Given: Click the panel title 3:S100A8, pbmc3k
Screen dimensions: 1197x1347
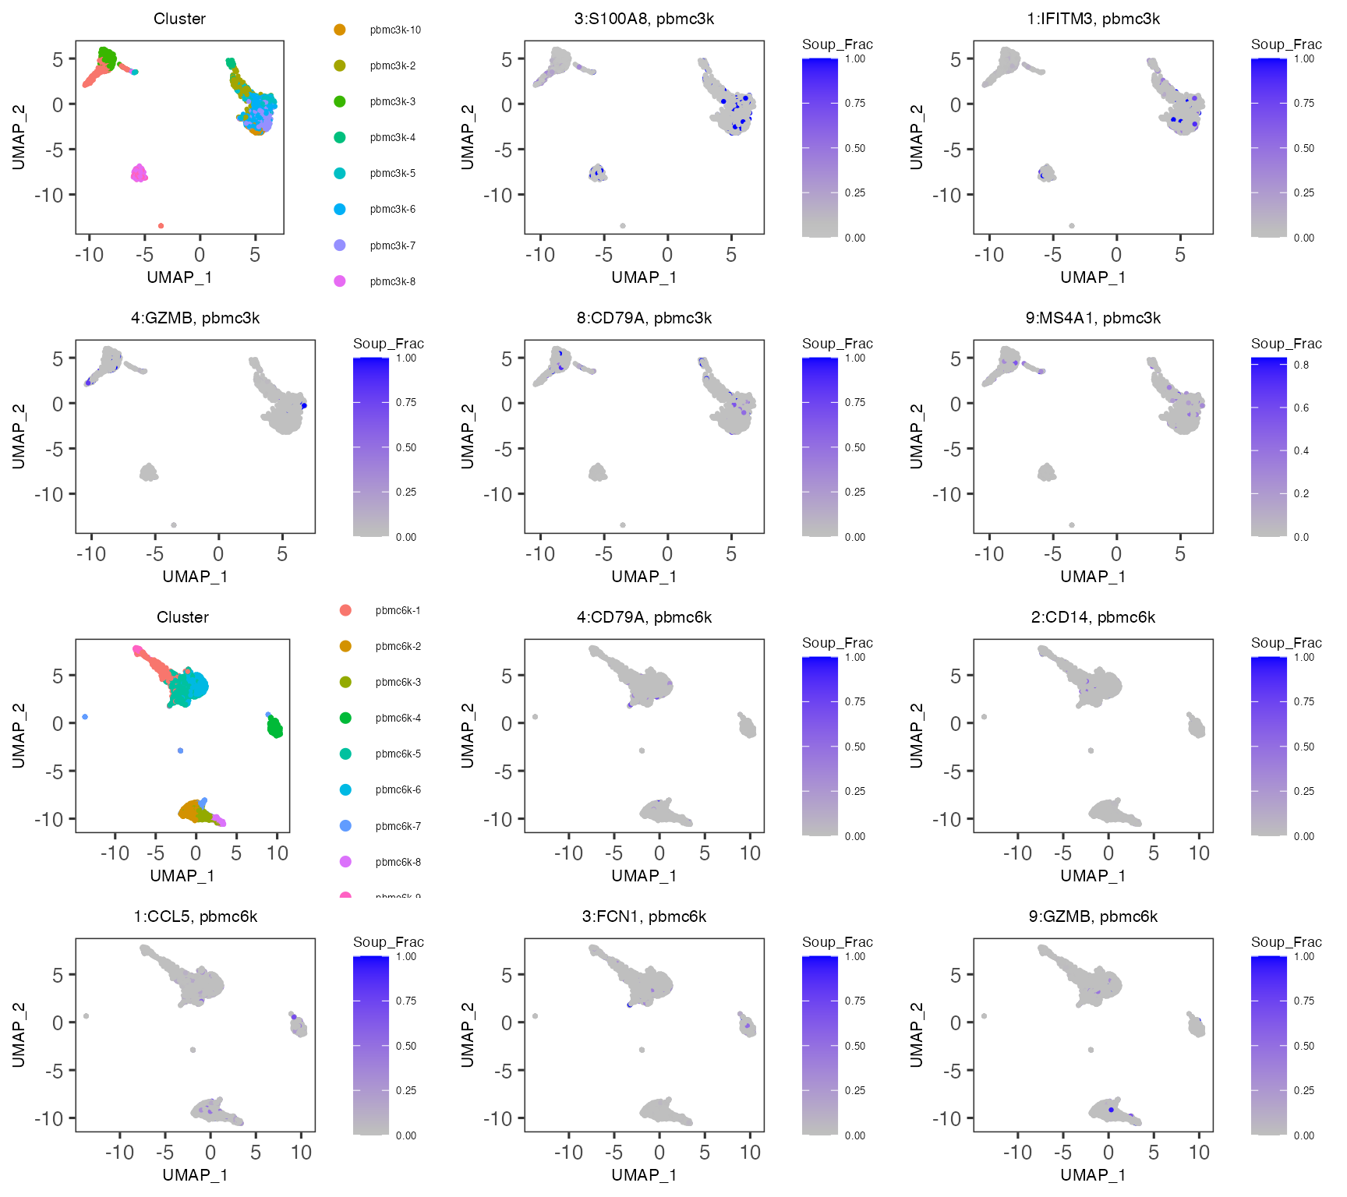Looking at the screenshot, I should pyautogui.click(x=644, y=19).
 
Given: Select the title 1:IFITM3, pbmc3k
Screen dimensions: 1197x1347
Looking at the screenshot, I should pyautogui.click(x=1093, y=19).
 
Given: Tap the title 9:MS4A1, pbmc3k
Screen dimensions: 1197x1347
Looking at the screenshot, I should pyautogui.click(x=1093, y=318).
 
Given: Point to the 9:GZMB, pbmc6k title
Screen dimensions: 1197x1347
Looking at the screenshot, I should pyautogui.click(x=1093, y=916).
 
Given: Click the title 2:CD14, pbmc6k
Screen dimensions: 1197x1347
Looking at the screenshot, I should pyautogui.click(x=1093, y=617).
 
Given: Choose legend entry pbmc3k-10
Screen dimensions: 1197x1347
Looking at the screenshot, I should pyautogui.click(x=395, y=30).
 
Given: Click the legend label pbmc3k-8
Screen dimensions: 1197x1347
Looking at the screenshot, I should pyautogui.click(x=393, y=281).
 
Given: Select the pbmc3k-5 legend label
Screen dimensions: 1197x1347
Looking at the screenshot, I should pyautogui.click(x=393, y=174).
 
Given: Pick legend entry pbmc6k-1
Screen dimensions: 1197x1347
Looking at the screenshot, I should pyautogui.click(x=398, y=610).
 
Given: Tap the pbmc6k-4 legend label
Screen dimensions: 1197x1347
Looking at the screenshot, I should pyautogui.click(x=398, y=718).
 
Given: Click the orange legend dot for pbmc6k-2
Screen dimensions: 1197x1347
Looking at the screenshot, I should pyautogui.click(x=345, y=646).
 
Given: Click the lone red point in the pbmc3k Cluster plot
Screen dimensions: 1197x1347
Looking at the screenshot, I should pyautogui.click(x=161, y=226).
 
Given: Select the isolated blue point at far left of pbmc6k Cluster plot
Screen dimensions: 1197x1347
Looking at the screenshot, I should pyautogui.click(x=85, y=717).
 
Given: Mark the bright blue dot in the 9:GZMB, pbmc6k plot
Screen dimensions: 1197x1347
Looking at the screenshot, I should pyautogui.click(x=1111, y=1110).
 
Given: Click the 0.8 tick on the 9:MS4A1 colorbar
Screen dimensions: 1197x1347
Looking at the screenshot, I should pyautogui.click(x=1301, y=365).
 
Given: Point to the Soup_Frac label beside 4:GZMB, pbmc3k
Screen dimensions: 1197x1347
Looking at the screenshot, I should pyautogui.click(x=388, y=344).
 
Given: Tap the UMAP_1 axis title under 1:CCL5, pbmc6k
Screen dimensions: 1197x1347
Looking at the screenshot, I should pyautogui.click(x=195, y=1174).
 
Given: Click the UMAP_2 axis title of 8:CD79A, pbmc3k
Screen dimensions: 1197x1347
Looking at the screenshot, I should pyautogui.click(x=468, y=436).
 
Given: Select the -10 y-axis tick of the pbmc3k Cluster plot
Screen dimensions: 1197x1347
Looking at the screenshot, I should pyautogui.click(x=49, y=195).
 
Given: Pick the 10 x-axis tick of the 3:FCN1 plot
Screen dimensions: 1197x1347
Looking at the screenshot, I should pyautogui.click(x=750, y=1153).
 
